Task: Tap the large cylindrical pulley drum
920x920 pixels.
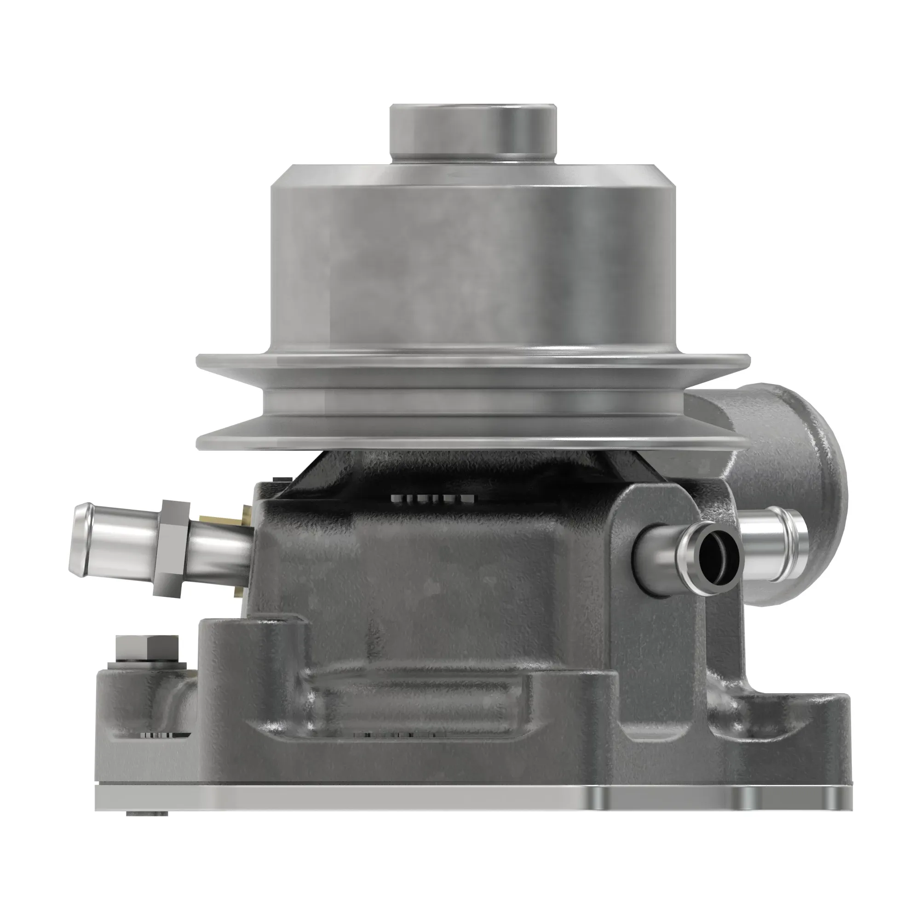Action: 473,267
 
